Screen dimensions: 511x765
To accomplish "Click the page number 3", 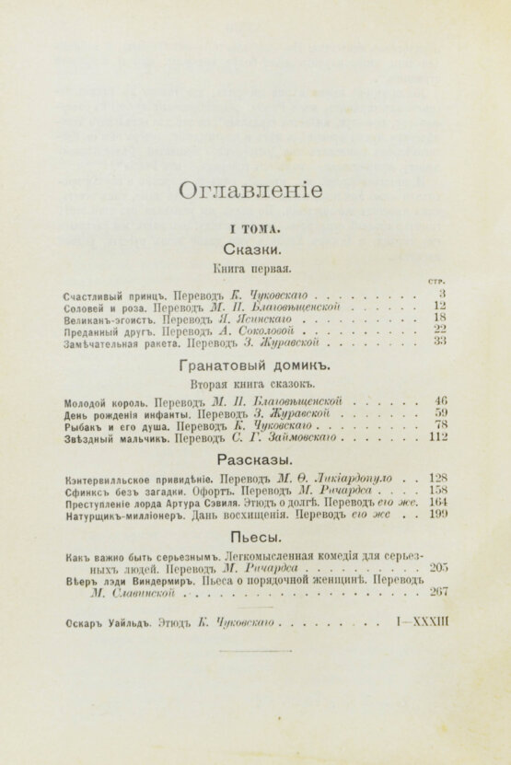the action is coord(443,294).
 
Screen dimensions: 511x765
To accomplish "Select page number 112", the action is coord(438,437).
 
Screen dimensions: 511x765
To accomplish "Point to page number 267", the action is coord(438,591).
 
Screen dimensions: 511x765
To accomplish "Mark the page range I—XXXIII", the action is coord(421,623).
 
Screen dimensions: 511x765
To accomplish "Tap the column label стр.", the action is coord(437,281).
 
